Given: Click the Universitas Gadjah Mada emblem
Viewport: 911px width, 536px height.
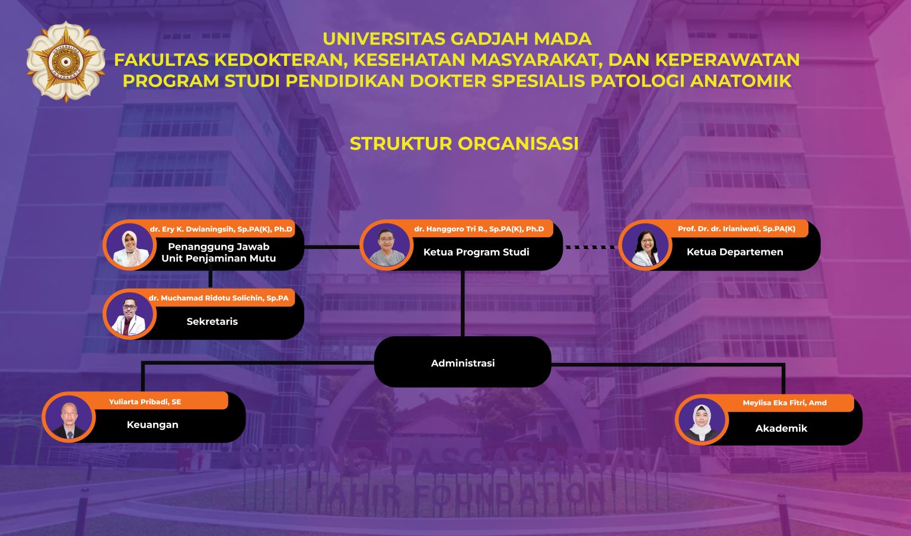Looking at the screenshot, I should pos(66,62).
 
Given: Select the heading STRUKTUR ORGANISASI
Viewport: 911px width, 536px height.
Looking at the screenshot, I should pos(464,143).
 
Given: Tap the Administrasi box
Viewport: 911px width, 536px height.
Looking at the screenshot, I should pos(463,363).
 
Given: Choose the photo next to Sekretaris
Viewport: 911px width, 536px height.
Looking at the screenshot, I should pos(129,315).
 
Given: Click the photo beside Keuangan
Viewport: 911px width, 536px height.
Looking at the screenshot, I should pos(69,417).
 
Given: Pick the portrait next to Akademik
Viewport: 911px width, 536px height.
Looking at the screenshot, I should pos(702,420).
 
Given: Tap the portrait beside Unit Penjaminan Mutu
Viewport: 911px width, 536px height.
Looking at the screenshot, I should pos(129,245).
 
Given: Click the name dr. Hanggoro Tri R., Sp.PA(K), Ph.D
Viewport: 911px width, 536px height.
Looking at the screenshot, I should pos(479,229).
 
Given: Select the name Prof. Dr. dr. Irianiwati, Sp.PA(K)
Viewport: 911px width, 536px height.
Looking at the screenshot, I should pos(737,229).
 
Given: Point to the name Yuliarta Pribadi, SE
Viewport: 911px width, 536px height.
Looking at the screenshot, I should pos(145,402).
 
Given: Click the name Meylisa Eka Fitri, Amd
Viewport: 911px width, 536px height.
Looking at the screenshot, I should pos(784,403).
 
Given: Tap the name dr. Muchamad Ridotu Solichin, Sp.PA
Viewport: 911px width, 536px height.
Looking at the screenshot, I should pos(218,298).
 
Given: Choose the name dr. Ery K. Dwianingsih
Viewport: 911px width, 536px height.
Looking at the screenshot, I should pos(221,229).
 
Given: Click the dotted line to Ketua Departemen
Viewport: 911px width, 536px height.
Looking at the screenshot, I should pos(591,247).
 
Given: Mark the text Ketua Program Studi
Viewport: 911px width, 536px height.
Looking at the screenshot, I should pos(476,252).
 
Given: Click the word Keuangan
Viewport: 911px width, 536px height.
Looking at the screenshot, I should pos(152,425).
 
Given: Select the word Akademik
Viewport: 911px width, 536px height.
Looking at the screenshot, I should pos(781,428).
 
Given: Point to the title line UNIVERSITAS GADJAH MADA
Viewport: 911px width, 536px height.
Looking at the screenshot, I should pos(457,39).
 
